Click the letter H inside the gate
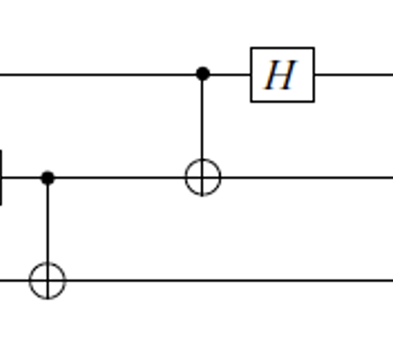[x=281, y=75]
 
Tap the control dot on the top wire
[x=203, y=74]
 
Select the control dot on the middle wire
[x=48, y=178]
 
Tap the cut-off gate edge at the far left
[x=1, y=178]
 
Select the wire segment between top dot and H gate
[x=230, y=75]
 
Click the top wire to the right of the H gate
[x=354, y=75]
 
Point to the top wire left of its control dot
[x=98, y=75]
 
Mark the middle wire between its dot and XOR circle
[x=119, y=178]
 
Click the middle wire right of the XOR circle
[x=307, y=178]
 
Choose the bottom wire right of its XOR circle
[x=230, y=281]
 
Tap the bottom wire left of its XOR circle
[x=15, y=281]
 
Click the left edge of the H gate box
[x=252, y=75]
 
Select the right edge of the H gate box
[x=314, y=75]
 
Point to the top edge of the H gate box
[x=282, y=48]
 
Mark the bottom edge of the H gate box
[x=282, y=101]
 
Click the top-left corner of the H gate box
[x=251, y=48]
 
